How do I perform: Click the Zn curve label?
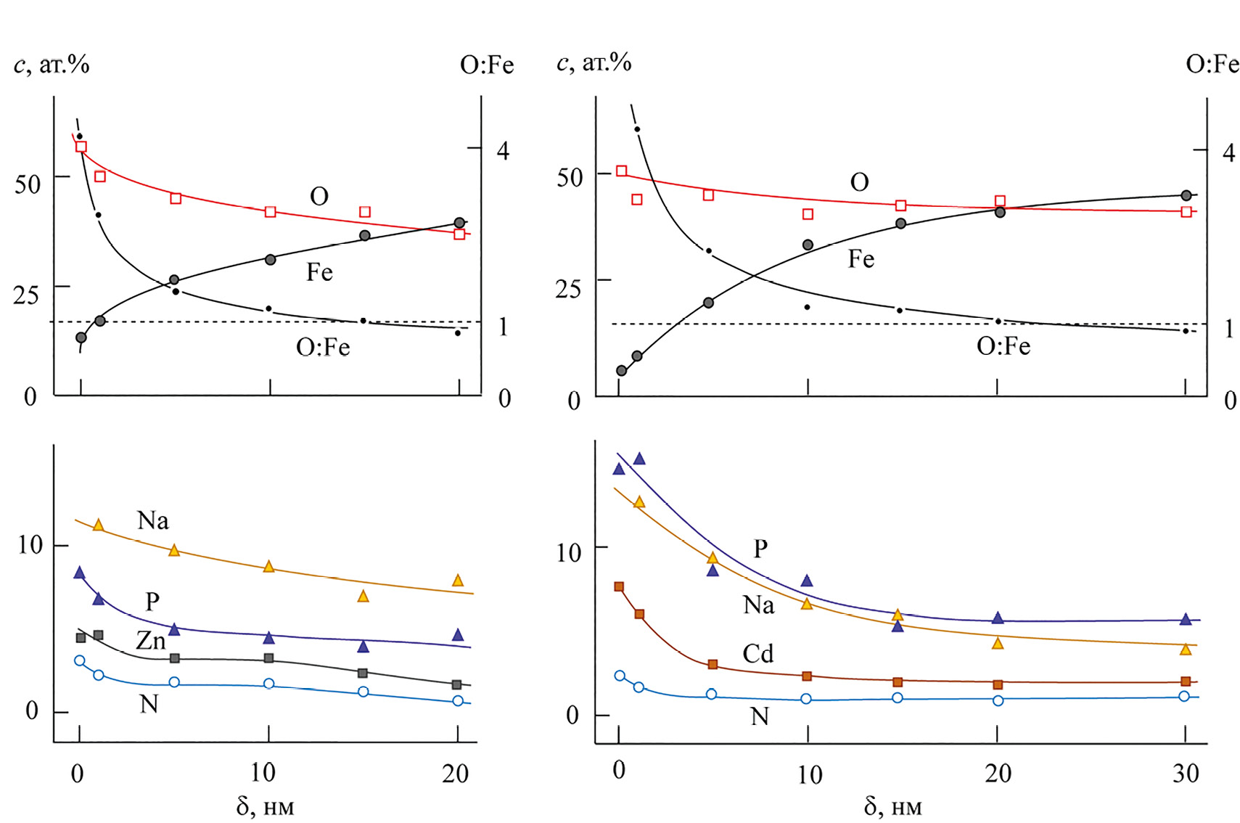click(x=151, y=640)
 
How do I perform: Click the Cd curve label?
click(x=757, y=654)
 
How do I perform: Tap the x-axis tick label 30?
click(x=1186, y=774)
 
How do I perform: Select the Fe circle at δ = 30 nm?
click(x=1186, y=195)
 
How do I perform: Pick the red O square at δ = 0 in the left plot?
click(x=81, y=147)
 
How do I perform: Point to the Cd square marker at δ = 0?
click(x=619, y=586)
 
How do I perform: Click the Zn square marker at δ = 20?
click(x=456, y=684)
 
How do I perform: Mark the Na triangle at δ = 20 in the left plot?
click(x=458, y=581)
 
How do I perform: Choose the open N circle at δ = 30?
click(x=1184, y=696)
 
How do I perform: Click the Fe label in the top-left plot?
click(x=319, y=272)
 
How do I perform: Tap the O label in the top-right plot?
click(x=859, y=182)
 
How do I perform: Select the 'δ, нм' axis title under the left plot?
click(x=265, y=806)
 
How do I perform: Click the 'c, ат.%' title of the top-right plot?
click(x=594, y=63)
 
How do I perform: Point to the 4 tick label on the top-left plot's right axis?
click(x=503, y=151)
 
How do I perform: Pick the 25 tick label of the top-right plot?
click(x=568, y=289)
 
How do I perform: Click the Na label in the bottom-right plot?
click(x=758, y=605)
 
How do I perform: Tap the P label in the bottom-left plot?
click(x=152, y=601)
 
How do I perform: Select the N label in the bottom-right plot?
click(x=759, y=717)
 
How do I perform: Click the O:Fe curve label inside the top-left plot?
click(x=323, y=348)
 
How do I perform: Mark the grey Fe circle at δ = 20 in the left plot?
click(x=459, y=223)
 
